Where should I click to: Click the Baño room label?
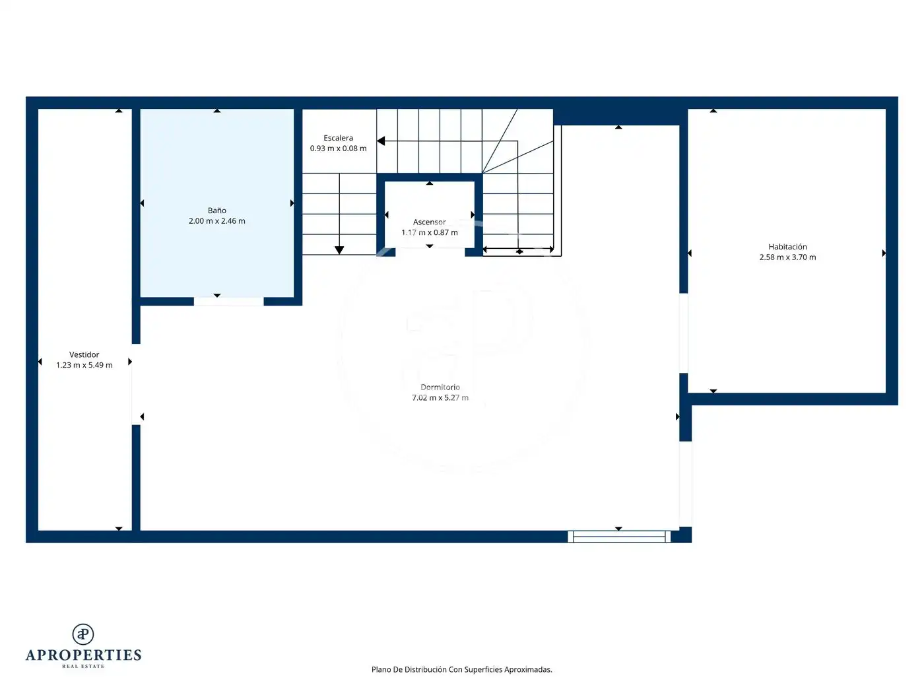pos(216,211)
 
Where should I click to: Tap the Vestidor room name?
pos(84,354)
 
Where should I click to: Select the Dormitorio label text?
pos(440,387)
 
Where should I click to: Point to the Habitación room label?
pos(787,247)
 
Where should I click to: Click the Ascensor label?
pos(429,222)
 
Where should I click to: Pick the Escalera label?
pos(338,138)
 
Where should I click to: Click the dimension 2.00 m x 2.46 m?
pos(216,221)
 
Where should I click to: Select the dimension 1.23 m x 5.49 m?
pos(84,365)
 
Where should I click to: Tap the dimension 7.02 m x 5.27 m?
pos(440,397)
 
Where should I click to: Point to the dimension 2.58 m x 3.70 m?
pos(787,257)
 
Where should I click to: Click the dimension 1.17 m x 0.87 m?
pos(429,232)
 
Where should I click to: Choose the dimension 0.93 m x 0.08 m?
pos(338,148)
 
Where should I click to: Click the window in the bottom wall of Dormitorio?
pos(619,537)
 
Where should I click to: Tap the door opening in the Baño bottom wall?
pos(228,301)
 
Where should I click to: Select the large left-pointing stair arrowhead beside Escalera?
pos(381,141)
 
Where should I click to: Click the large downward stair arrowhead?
pos(339,250)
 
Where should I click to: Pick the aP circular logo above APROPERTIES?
pos(83,634)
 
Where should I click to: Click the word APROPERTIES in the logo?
pos(83,655)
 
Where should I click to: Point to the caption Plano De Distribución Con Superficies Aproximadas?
pos(461,669)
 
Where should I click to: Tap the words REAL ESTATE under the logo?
pos(83,666)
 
